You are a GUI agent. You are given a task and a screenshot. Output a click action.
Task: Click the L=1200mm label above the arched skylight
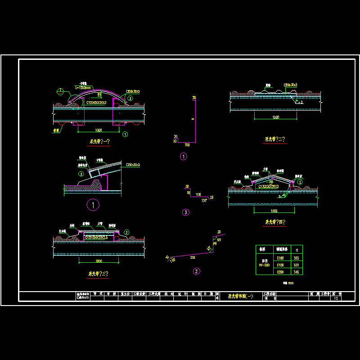tap(83, 87)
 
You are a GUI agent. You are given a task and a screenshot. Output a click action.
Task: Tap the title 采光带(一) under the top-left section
tap(99, 141)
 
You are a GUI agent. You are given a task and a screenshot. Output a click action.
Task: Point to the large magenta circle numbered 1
tap(93, 205)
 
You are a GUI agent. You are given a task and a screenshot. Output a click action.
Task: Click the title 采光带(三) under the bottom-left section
tap(98, 273)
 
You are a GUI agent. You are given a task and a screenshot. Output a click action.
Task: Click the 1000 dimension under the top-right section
tap(276, 117)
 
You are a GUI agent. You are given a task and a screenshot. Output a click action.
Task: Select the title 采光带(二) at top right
tap(275, 139)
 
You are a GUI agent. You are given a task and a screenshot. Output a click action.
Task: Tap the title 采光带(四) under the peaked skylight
tap(275, 222)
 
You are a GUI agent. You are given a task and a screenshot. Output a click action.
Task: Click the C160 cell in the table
tap(280, 258)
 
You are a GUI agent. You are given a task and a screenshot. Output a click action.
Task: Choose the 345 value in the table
tap(296, 272)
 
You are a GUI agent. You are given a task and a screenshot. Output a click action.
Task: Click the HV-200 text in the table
tap(263, 265)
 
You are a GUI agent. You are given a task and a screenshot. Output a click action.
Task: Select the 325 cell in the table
tap(296, 265)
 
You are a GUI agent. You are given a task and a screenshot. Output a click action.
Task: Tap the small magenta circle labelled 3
tap(185, 212)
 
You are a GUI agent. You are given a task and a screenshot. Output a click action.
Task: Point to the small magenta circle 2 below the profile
tap(196, 271)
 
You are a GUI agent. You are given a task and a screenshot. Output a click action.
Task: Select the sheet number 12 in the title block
tap(335, 298)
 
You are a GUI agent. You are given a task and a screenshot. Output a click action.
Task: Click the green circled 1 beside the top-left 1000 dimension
tap(125, 134)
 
